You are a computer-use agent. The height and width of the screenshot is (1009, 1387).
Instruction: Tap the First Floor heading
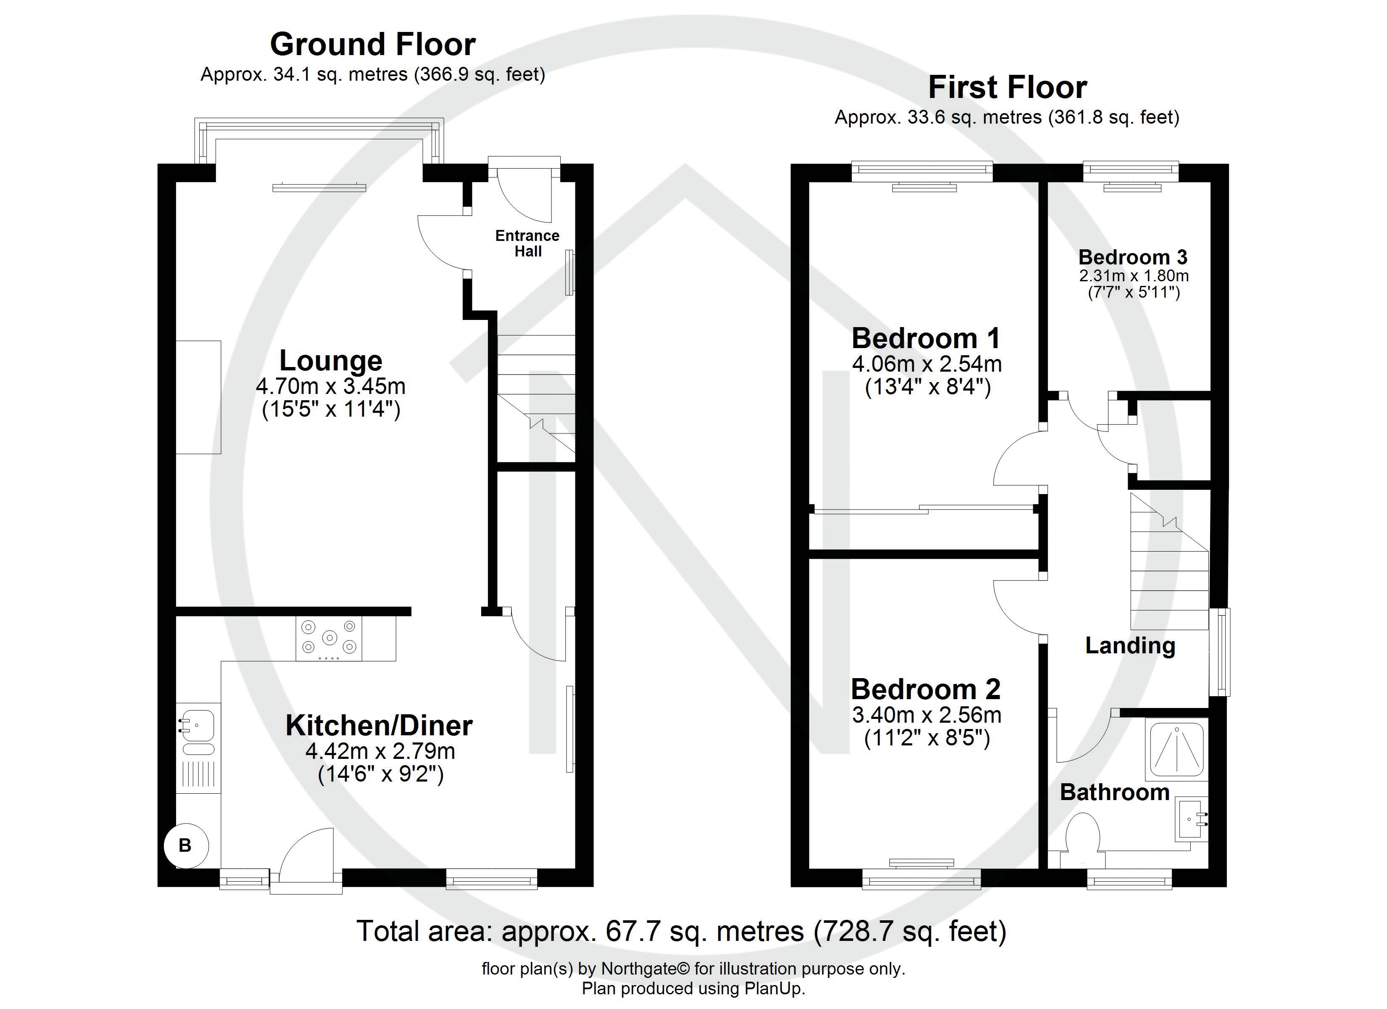click(x=1007, y=87)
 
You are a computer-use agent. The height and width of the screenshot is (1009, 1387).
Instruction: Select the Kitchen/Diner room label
click(x=379, y=726)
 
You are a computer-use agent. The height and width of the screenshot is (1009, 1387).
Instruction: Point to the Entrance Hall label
click(x=527, y=243)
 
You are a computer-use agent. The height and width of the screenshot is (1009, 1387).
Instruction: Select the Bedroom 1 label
click(x=926, y=338)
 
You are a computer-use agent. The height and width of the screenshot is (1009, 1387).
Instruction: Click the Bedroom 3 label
click(x=1133, y=257)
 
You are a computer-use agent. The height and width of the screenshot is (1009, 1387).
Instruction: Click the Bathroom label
click(x=1114, y=792)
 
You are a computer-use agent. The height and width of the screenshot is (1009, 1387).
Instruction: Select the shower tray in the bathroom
click(x=1177, y=750)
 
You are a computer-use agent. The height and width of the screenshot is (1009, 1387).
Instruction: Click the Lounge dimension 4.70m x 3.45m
click(x=331, y=387)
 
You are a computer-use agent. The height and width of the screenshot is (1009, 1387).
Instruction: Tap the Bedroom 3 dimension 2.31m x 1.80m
click(x=1133, y=276)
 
